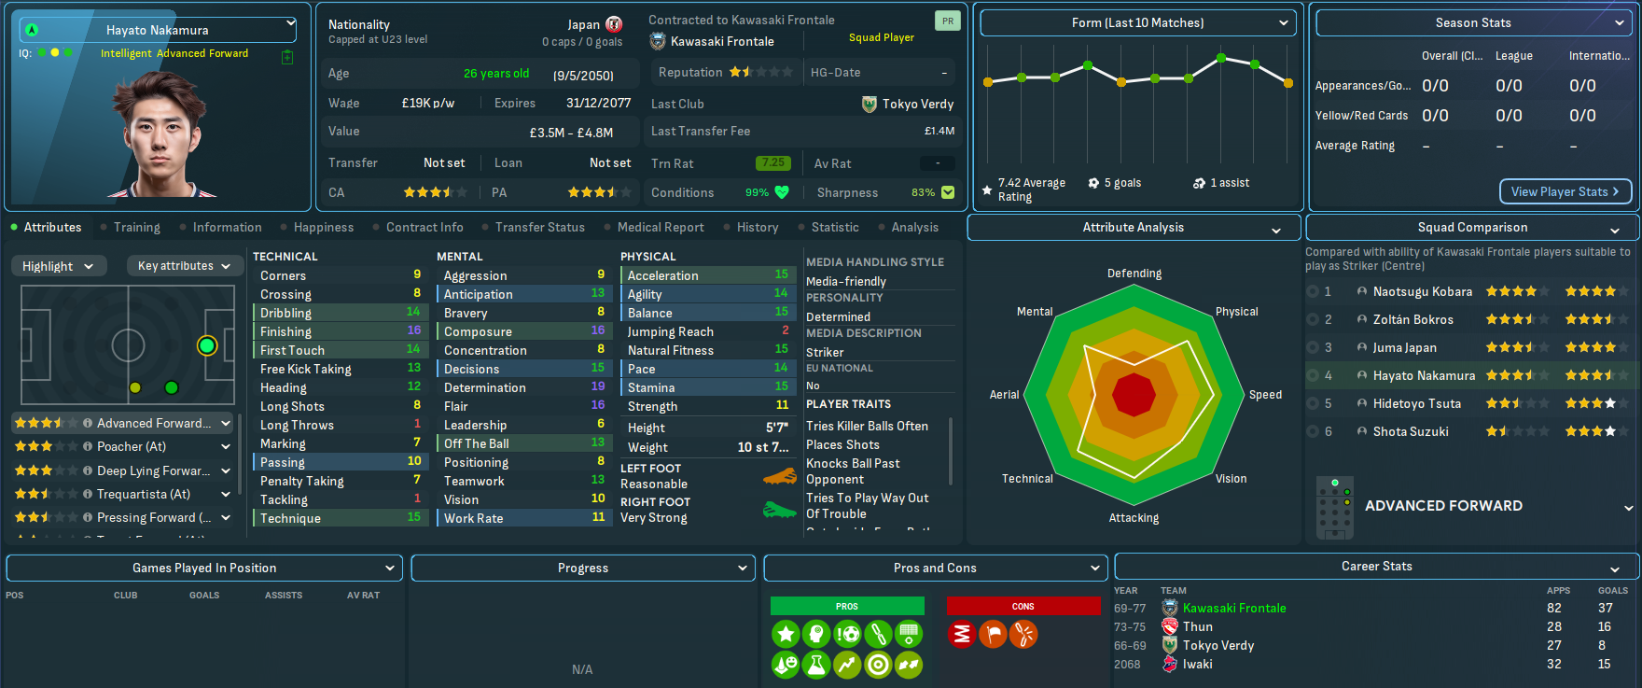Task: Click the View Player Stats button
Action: click(x=1565, y=191)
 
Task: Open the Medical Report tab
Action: click(x=661, y=227)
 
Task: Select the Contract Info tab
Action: click(x=424, y=227)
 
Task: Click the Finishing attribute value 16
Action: click(x=414, y=330)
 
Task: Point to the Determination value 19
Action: click(x=598, y=386)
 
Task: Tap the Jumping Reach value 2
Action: click(x=785, y=330)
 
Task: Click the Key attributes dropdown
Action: click(x=184, y=266)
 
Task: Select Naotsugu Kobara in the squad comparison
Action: click(x=1422, y=291)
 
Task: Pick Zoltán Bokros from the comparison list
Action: click(x=1412, y=319)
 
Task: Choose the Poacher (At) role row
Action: click(x=131, y=446)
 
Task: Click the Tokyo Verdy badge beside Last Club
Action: click(x=870, y=104)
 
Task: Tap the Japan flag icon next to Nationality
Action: click(x=614, y=24)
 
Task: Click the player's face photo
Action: click(x=164, y=135)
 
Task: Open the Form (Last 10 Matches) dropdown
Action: click(x=1137, y=22)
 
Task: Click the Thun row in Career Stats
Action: click(x=1198, y=626)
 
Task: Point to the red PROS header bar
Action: click(x=846, y=606)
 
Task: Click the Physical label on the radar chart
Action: click(x=1236, y=312)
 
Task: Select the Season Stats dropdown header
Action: click(x=1473, y=22)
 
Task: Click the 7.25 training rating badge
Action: click(x=772, y=162)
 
